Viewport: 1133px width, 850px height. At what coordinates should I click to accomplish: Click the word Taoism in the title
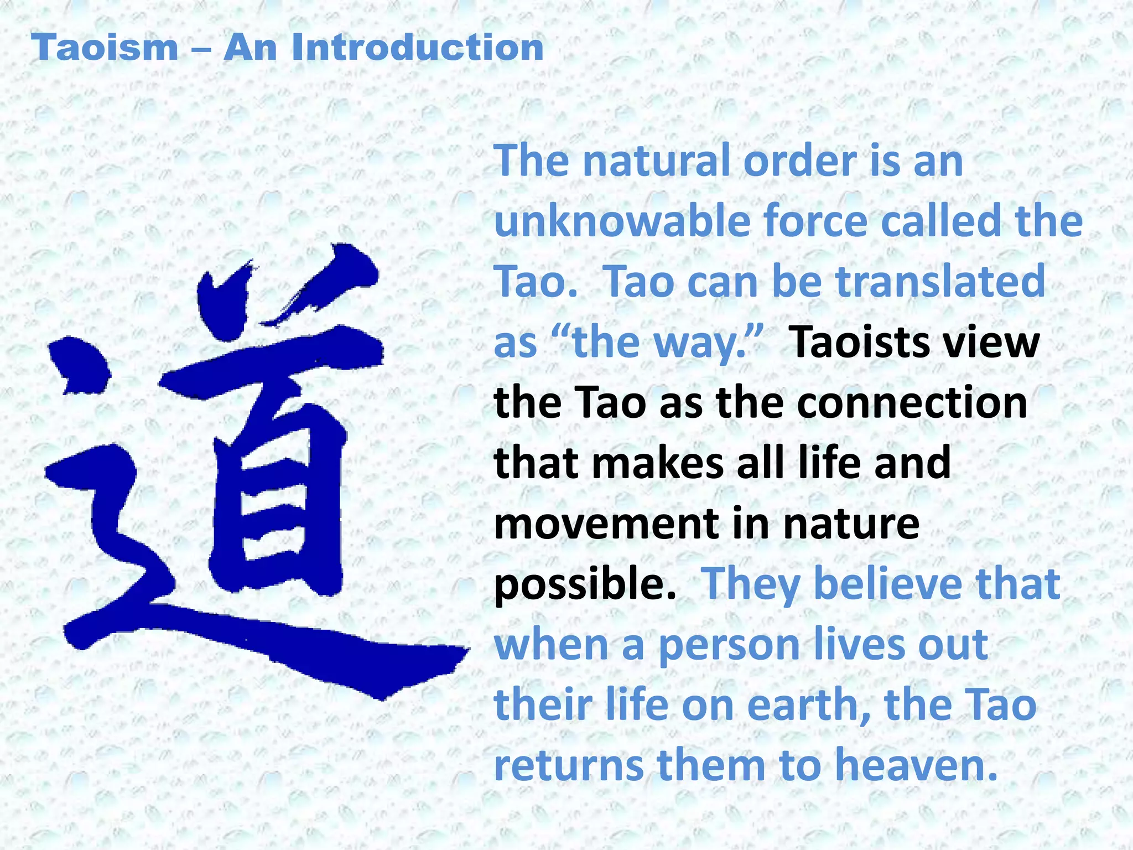pyautogui.click(x=105, y=48)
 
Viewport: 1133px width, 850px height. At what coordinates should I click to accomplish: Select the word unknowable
pyautogui.click(x=622, y=221)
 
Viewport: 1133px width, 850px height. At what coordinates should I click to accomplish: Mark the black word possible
pyautogui.click(x=585, y=585)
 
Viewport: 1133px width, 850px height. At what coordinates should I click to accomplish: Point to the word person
pyautogui.click(x=729, y=646)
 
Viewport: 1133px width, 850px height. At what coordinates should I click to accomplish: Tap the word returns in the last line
pyautogui.click(x=568, y=766)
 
